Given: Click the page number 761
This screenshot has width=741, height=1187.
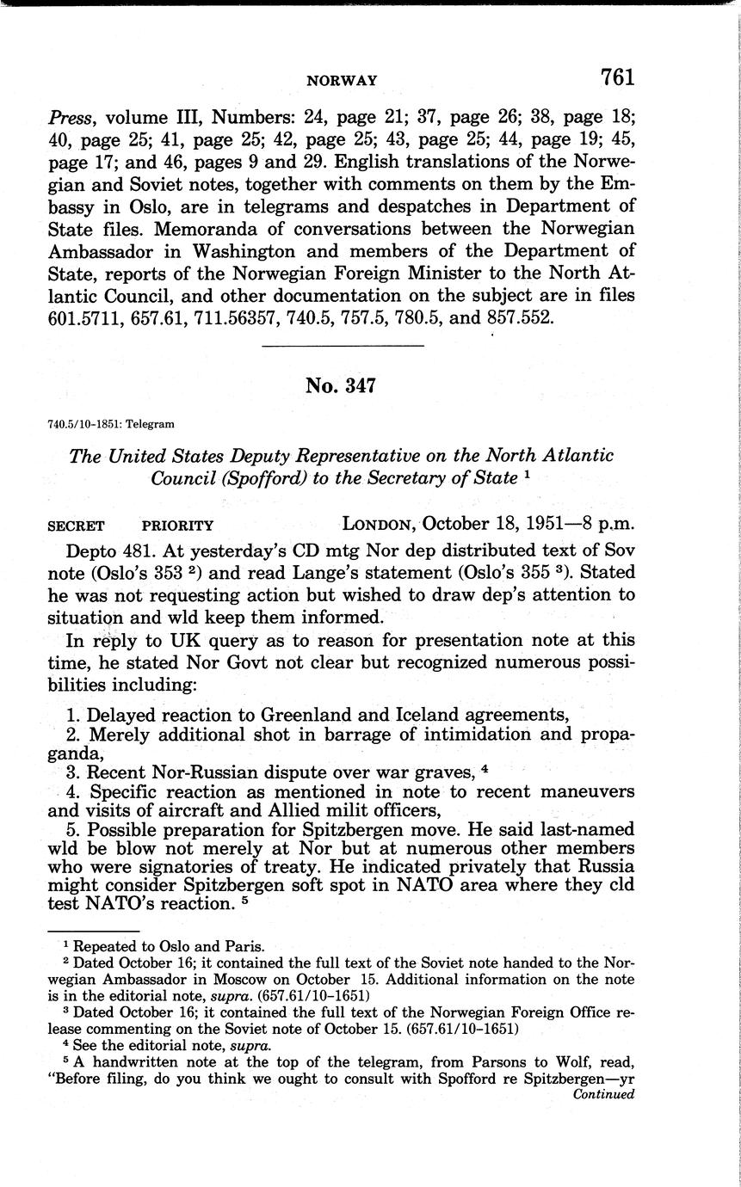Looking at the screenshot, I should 618,77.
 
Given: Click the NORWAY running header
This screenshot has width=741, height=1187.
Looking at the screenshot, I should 342,81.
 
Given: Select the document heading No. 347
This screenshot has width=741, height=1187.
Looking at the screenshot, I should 340,386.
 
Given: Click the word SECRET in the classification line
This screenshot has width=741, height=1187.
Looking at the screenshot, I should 77,526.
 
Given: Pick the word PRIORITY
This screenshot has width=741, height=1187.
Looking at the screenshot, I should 178,526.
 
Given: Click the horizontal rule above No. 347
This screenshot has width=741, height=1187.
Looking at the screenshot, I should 343,347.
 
